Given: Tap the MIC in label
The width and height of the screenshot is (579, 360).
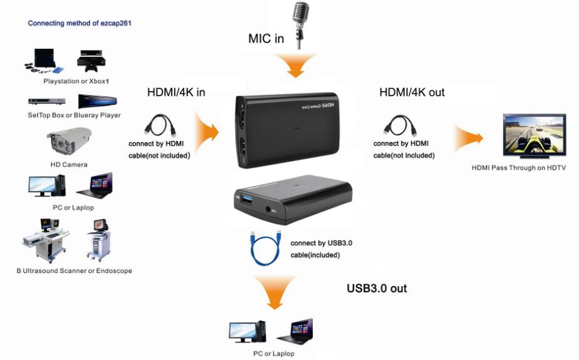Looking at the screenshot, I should pyautogui.click(x=266, y=39).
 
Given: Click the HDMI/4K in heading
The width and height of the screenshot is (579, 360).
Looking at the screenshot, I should pyautogui.click(x=176, y=93).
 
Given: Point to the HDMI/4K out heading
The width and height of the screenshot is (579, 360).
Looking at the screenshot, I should pyautogui.click(x=412, y=93).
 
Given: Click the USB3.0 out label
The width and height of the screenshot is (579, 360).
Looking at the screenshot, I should pyautogui.click(x=377, y=288).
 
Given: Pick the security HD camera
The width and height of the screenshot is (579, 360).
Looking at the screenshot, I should pyautogui.click(x=69, y=141).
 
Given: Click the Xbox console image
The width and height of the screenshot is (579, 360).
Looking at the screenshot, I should pyautogui.click(x=91, y=61).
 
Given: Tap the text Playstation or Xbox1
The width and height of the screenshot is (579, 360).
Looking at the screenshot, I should pyautogui.click(x=76, y=81).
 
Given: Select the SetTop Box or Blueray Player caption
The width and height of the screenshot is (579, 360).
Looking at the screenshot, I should pyautogui.click(x=74, y=115).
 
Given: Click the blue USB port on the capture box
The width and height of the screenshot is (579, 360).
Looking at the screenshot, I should pyautogui.click(x=246, y=200).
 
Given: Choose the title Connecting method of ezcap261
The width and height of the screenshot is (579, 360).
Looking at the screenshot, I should pyautogui.click(x=80, y=23).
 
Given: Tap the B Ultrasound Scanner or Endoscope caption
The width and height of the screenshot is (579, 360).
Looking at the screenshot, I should pyautogui.click(x=74, y=270).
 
